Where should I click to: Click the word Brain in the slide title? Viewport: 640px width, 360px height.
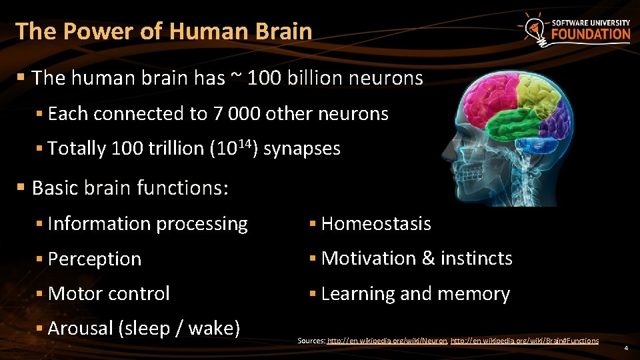pos(283,31)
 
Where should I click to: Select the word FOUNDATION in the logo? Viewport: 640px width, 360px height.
pos(590,35)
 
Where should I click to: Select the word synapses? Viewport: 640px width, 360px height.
pos(302,148)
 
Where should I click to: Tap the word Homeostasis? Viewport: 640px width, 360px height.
pos(376,224)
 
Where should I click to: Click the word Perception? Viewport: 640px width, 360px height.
pos(95,259)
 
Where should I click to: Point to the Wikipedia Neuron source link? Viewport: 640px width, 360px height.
pos(387,341)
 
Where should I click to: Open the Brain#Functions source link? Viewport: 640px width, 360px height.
pos(525,341)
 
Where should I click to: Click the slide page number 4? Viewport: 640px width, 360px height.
pos(626,348)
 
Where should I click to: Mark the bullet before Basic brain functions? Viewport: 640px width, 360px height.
pos(21,188)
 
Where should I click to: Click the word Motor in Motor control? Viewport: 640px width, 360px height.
pos(72,293)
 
